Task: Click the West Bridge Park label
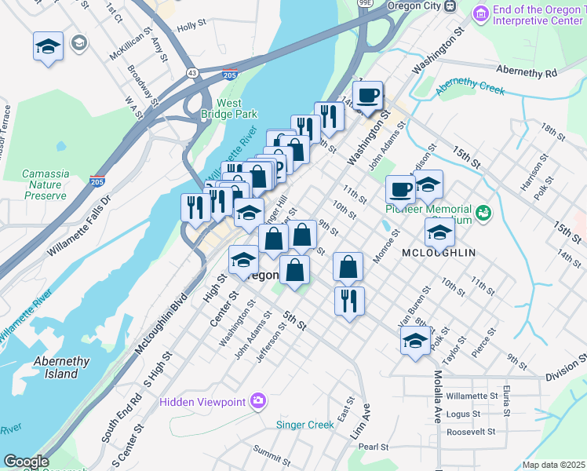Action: pyautogui.click(x=228, y=108)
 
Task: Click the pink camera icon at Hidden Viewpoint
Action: pyautogui.click(x=258, y=402)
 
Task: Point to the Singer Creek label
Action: pyautogui.click(x=304, y=425)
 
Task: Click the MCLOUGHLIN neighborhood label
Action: pyautogui.click(x=438, y=253)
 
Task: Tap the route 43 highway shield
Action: pyautogui.click(x=191, y=72)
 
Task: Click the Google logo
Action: pyautogui.click(x=25, y=461)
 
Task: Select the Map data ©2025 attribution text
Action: pyautogui.click(x=553, y=465)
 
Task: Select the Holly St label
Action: pyautogui.click(x=191, y=26)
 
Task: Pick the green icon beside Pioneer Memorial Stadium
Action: pyautogui.click(x=483, y=212)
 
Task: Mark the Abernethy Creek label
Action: pyautogui.click(x=471, y=86)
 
